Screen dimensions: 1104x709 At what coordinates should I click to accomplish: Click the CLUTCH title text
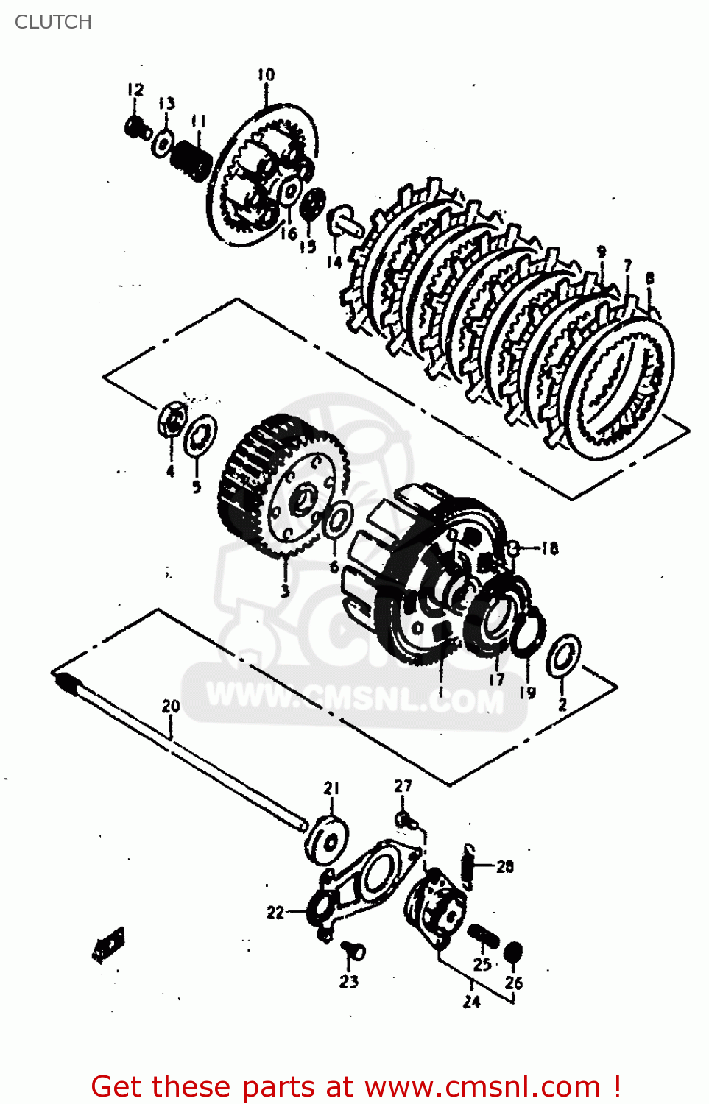[53, 22]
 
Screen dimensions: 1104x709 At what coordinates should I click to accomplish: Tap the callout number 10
[266, 74]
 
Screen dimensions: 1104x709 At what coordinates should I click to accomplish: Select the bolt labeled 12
[135, 129]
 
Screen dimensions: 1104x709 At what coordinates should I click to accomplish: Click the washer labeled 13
[163, 143]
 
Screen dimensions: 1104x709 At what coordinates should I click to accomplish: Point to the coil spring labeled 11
[191, 159]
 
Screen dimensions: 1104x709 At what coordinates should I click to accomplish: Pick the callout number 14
[334, 261]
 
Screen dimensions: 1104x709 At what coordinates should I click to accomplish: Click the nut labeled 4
[170, 422]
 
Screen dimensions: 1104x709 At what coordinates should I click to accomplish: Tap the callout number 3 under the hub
[285, 590]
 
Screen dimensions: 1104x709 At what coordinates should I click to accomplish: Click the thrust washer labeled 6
[338, 521]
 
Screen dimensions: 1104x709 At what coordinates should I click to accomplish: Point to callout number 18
[550, 548]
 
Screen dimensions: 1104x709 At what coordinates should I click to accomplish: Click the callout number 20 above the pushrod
[171, 706]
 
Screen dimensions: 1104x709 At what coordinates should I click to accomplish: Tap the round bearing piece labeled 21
[327, 839]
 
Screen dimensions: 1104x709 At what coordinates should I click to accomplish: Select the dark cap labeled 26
[512, 952]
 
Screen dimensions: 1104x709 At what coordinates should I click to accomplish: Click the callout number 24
[472, 1002]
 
